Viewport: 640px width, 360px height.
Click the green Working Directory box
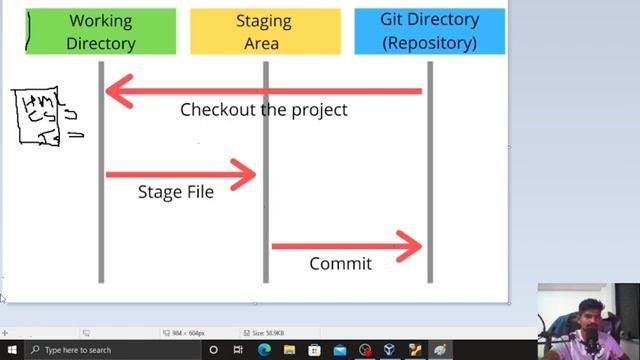100,31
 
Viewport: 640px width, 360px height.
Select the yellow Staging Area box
265,31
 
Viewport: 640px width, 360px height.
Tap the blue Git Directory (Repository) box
429,31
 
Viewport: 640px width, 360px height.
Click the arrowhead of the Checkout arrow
116,91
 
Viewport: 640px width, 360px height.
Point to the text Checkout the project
263,110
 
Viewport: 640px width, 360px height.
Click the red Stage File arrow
180,174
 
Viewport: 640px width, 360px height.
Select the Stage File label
175,192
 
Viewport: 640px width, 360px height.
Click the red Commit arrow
345,245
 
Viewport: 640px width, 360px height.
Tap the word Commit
340,264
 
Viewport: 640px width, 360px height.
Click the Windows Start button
9,350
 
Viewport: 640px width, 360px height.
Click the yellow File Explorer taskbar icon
290,350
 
